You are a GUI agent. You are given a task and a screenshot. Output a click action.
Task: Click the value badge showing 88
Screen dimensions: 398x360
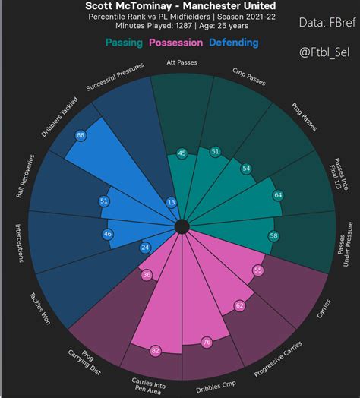[81, 135]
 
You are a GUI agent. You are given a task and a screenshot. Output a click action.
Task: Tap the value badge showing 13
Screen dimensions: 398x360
[171, 202]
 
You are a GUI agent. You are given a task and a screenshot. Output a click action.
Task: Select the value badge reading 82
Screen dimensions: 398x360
[156, 350]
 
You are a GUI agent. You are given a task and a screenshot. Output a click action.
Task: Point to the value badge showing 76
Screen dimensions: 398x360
[206, 343]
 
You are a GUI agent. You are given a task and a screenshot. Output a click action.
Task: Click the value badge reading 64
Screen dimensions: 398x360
[278, 195]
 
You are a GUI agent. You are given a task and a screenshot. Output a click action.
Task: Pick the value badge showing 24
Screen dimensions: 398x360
[145, 247]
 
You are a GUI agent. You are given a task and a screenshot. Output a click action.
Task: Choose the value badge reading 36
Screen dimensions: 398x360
[147, 275]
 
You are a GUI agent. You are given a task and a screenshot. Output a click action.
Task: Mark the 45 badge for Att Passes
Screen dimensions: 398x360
[182, 153]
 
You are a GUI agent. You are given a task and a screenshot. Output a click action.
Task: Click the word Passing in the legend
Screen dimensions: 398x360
[125, 43]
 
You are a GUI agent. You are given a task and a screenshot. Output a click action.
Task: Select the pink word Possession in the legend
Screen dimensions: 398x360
[180, 43]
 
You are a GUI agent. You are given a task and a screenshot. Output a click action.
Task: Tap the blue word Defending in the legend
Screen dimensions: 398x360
[234, 43]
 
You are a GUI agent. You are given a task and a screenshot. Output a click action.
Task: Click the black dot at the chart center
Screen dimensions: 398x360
[182, 226]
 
